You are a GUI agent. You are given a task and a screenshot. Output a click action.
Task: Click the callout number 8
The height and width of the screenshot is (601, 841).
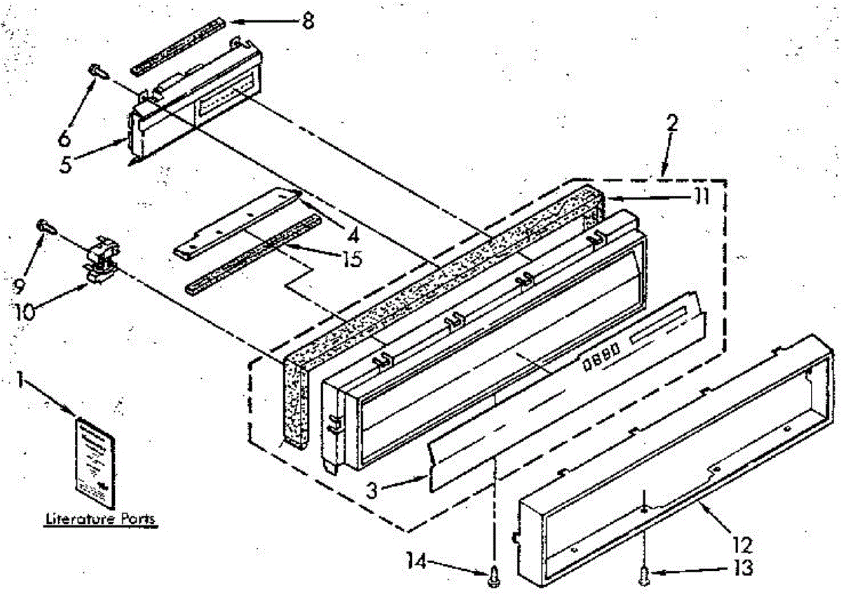(306, 20)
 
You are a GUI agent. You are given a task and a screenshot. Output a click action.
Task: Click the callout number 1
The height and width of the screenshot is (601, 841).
(22, 381)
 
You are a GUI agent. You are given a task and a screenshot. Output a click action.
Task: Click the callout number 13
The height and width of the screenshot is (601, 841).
(742, 568)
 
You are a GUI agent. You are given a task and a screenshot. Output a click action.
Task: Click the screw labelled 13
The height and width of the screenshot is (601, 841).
(644, 576)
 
